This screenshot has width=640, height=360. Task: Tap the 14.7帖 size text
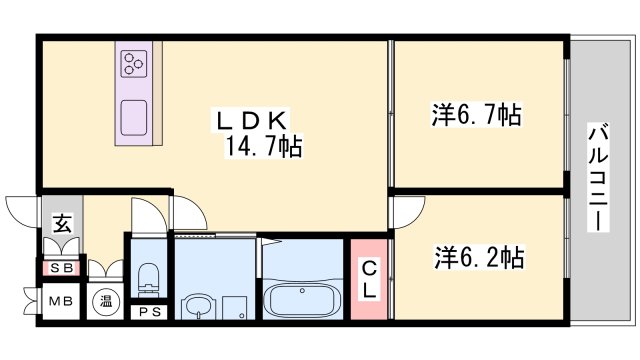coord(263,148)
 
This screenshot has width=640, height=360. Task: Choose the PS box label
coord(148,310)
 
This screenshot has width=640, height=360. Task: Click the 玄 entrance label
coord(61,224)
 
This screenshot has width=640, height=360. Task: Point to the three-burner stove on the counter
coord(134,65)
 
